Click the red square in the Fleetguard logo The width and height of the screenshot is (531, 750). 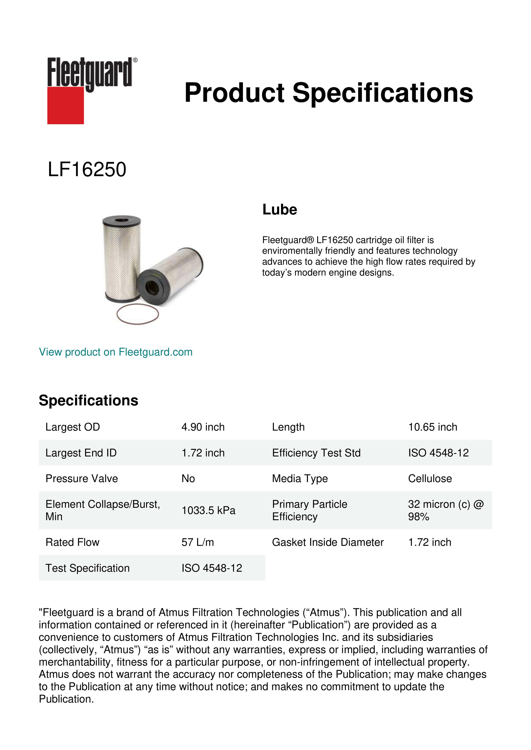(65, 105)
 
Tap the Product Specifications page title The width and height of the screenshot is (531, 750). (329, 93)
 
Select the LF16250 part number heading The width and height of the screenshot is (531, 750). (87, 170)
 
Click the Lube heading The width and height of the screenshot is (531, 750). (280, 210)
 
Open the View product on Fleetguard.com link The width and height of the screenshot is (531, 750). (116, 352)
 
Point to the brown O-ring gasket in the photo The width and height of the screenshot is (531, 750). (138, 314)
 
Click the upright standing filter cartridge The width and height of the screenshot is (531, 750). (122, 258)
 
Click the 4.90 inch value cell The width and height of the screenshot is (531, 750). (203, 427)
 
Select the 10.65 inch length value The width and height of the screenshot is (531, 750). (433, 427)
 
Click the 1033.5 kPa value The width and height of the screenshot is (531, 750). (208, 510)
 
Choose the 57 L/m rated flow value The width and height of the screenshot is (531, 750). (198, 542)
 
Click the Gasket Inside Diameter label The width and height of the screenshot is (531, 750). (328, 542)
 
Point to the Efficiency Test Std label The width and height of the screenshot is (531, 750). (316, 453)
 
